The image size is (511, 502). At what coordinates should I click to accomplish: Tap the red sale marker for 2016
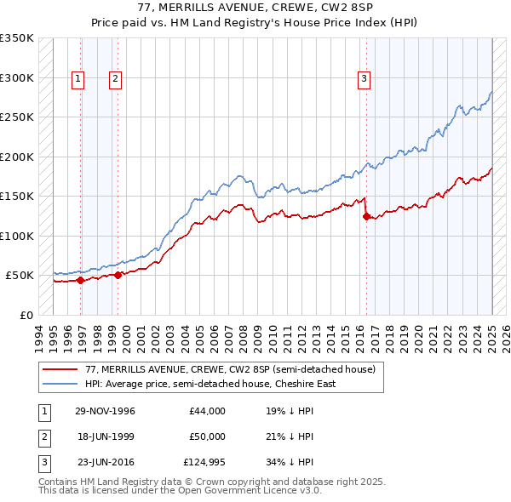pyautogui.click(x=366, y=216)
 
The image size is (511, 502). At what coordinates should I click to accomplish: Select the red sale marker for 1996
pyautogui.click(x=81, y=279)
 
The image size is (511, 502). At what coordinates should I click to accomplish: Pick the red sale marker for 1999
pyautogui.click(x=118, y=274)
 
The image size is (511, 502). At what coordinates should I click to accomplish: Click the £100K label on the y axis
pyautogui.click(x=17, y=236)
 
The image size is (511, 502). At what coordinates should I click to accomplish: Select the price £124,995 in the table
pyautogui.click(x=204, y=462)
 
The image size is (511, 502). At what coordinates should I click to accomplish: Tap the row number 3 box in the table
pyautogui.click(x=43, y=462)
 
